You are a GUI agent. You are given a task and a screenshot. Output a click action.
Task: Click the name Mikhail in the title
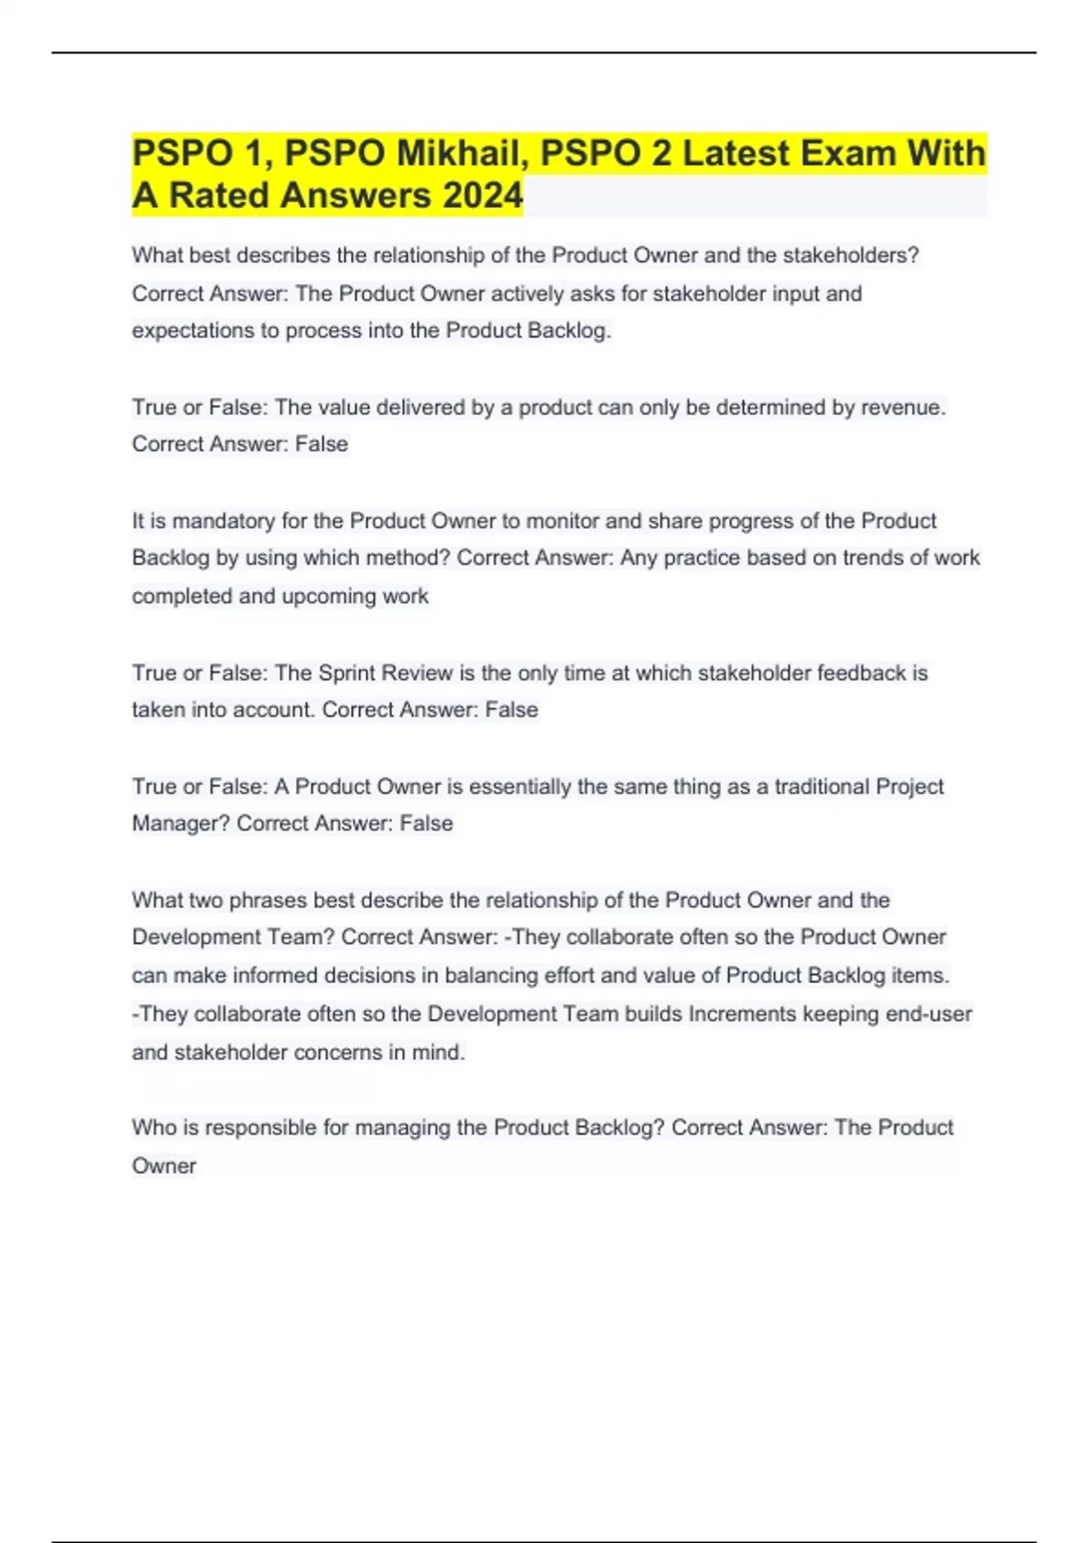[461, 153]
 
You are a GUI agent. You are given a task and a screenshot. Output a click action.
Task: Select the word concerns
[322, 1053]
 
